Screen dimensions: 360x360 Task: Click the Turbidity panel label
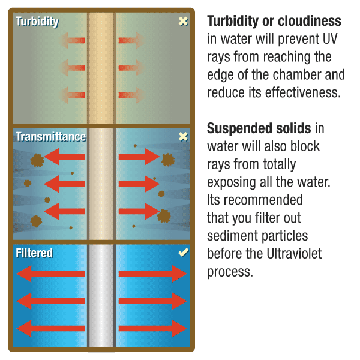[37, 22]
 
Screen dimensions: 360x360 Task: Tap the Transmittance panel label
[50, 137]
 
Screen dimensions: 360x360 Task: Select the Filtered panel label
[34, 253]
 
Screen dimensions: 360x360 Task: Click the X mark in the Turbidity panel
[183, 22]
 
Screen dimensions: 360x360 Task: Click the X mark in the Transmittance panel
[183, 137]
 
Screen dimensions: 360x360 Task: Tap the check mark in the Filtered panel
[183, 253]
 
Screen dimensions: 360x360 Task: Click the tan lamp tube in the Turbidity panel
[101, 66]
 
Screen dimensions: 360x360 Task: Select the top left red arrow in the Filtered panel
[51, 274]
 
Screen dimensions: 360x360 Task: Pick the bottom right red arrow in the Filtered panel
[153, 328]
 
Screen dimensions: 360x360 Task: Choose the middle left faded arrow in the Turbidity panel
[73, 68]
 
